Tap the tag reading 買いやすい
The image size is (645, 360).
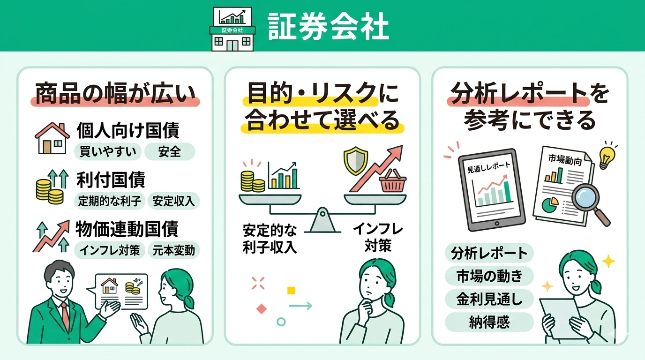pyautogui.click(x=107, y=151)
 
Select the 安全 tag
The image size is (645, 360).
pyautogui.click(x=169, y=151)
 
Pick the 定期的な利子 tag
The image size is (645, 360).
pyautogui.click(x=110, y=201)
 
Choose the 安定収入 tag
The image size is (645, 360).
pyautogui.click(x=174, y=201)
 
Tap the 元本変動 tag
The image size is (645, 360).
pyautogui.click(x=173, y=250)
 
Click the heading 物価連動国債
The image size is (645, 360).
pyautogui.click(x=127, y=229)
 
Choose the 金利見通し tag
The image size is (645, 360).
pyautogui.click(x=489, y=299)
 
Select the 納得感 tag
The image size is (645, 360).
pyautogui.click(x=489, y=322)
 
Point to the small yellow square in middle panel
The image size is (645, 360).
pyautogui.click(x=291, y=290)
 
